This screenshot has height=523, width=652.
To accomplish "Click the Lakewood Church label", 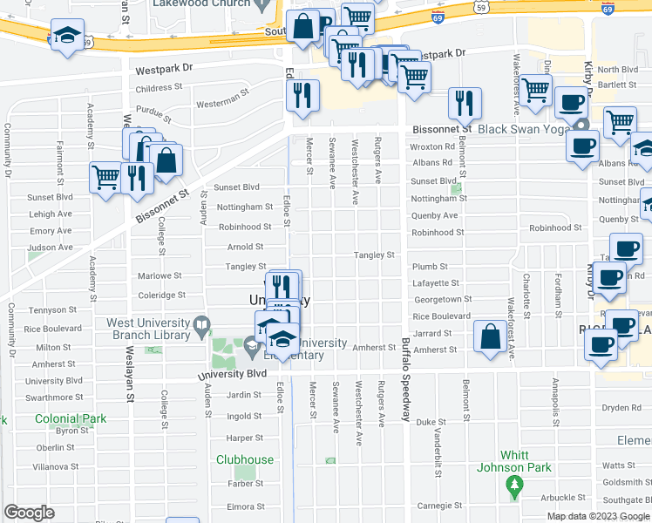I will [x=201, y=3].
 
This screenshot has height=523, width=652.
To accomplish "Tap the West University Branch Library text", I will [x=147, y=329].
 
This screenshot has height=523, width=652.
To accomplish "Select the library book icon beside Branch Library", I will [x=202, y=327].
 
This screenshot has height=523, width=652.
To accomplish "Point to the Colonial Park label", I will [x=71, y=418].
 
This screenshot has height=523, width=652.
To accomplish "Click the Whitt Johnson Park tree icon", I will [x=514, y=485].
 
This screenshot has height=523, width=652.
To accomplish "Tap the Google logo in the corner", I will [x=29, y=513].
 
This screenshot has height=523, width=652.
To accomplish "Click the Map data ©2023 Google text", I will [x=597, y=516].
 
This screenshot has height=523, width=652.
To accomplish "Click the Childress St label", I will [x=158, y=88].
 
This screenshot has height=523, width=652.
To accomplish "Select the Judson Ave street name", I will [x=50, y=248].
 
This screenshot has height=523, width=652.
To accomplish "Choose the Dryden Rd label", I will [x=621, y=407].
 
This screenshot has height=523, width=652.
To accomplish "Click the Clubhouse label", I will [x=245, y=459].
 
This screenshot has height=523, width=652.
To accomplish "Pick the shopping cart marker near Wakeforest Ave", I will [x=536, y=87].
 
